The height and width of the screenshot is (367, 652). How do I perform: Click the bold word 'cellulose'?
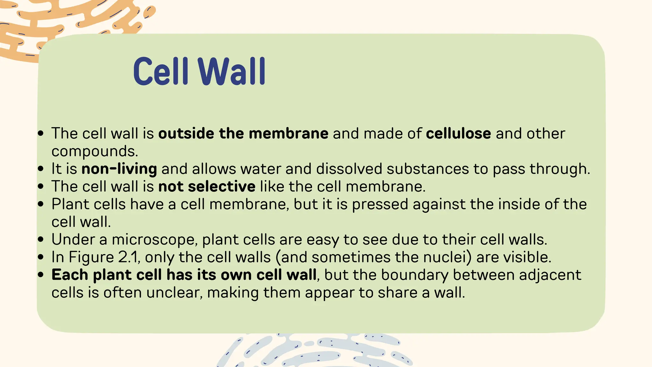458,133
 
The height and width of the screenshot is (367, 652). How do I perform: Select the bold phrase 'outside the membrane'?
243,133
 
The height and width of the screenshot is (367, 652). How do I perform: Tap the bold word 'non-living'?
119,169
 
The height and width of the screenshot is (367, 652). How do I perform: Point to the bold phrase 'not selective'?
207,186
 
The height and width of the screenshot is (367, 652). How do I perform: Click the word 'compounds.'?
95,151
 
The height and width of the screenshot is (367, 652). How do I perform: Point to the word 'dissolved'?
349,169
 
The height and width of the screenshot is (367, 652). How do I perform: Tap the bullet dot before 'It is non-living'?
40,169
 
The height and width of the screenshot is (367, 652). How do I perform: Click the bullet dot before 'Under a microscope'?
40,240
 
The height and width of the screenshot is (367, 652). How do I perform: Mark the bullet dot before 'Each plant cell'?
40,275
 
